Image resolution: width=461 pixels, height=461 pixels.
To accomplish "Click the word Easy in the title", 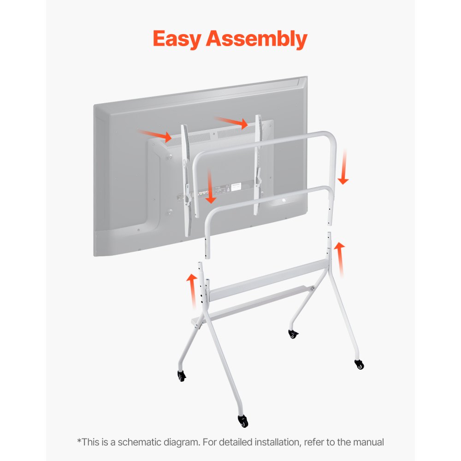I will (x=177, y=39).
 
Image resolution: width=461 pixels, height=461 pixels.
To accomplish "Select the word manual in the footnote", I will (x=368, y=442).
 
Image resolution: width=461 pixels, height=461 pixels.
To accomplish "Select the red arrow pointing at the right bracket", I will (x=232, y=122).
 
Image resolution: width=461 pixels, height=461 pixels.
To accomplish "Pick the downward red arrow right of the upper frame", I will (x=344, y=166).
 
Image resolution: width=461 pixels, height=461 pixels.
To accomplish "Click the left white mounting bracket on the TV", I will (x=186, y=180).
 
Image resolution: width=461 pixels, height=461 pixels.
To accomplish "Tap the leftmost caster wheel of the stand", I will (x=182, y=376).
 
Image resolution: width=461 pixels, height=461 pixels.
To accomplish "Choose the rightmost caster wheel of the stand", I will (x=359, y=364).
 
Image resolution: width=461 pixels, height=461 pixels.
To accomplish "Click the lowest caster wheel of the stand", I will (x=242, y=421).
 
